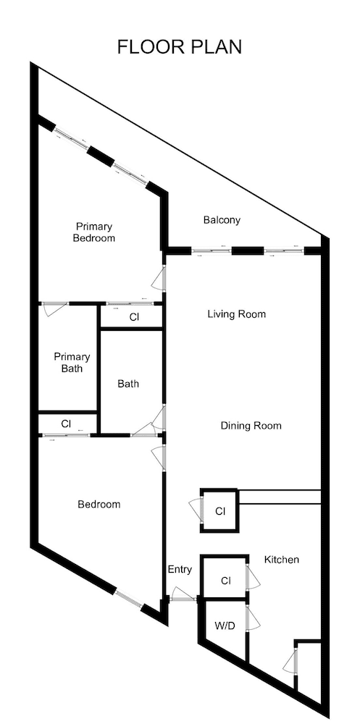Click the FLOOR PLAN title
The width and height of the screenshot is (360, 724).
point(180,47)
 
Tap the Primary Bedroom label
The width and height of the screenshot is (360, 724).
point(94,232)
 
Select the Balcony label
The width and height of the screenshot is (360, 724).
point(222,220)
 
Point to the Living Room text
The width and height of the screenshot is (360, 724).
point(236,314)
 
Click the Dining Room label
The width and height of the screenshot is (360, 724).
point(251,426)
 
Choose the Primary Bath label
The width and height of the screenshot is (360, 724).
point(72,363)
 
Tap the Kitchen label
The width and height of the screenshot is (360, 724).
point(281,560)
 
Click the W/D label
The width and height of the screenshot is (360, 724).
point(223,626)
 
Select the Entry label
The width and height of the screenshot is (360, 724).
point(180,570)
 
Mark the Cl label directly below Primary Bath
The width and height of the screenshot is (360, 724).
point(66,424)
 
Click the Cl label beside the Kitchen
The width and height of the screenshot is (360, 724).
point(225,581)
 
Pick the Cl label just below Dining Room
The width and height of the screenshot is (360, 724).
point(220,512)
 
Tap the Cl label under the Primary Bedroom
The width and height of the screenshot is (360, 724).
point(134,317)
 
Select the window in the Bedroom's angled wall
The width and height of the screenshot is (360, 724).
point(129,598)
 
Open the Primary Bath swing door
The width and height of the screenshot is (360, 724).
point(54,309)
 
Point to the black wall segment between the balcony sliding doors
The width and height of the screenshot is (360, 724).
point(247,251)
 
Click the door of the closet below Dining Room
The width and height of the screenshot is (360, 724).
point(195,510)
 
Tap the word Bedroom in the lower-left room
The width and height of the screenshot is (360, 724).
point(99,504)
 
